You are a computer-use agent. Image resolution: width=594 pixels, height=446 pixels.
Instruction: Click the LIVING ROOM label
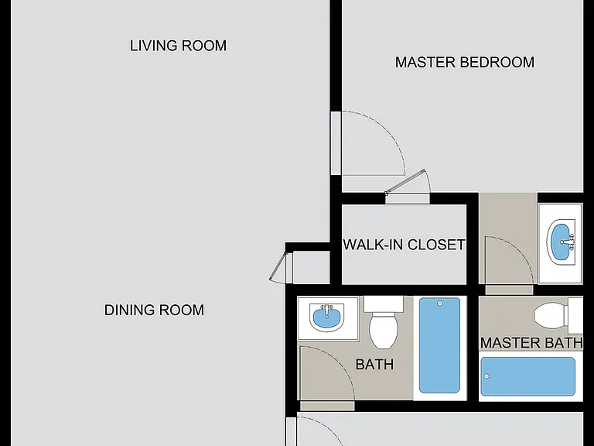(x=178, y=46)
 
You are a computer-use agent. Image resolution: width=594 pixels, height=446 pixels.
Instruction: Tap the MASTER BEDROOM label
(x=464, y=62)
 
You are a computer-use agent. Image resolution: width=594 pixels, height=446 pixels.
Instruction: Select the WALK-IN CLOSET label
(x=404, y=245)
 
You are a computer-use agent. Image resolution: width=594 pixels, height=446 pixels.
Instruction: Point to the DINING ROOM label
(x=154, y=310)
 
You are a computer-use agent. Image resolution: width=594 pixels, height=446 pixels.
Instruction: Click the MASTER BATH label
(x=531, y=343)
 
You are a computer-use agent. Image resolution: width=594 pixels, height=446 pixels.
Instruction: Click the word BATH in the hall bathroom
(x=374, y=365)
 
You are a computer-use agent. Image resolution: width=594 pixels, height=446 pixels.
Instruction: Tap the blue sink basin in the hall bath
(x=327, y=317)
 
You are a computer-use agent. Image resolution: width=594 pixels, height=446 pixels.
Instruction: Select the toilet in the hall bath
(x=384, y=322)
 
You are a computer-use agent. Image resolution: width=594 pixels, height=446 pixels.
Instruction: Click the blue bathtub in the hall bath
(x=439, y=345)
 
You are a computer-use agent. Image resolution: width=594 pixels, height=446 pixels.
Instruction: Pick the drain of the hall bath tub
(x=440, y=304)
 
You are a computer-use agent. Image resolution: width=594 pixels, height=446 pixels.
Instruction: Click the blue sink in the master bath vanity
(x=561, y=242)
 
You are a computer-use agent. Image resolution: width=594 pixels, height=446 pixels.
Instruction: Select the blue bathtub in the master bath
(x=527, y=376)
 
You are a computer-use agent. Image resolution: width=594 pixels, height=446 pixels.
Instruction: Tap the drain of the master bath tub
(x=486, y=376)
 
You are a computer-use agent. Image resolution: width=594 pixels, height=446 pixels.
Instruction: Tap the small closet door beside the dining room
(x=278, y=266)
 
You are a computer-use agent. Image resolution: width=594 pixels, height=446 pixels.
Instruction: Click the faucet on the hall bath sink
(x=326, y=309)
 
